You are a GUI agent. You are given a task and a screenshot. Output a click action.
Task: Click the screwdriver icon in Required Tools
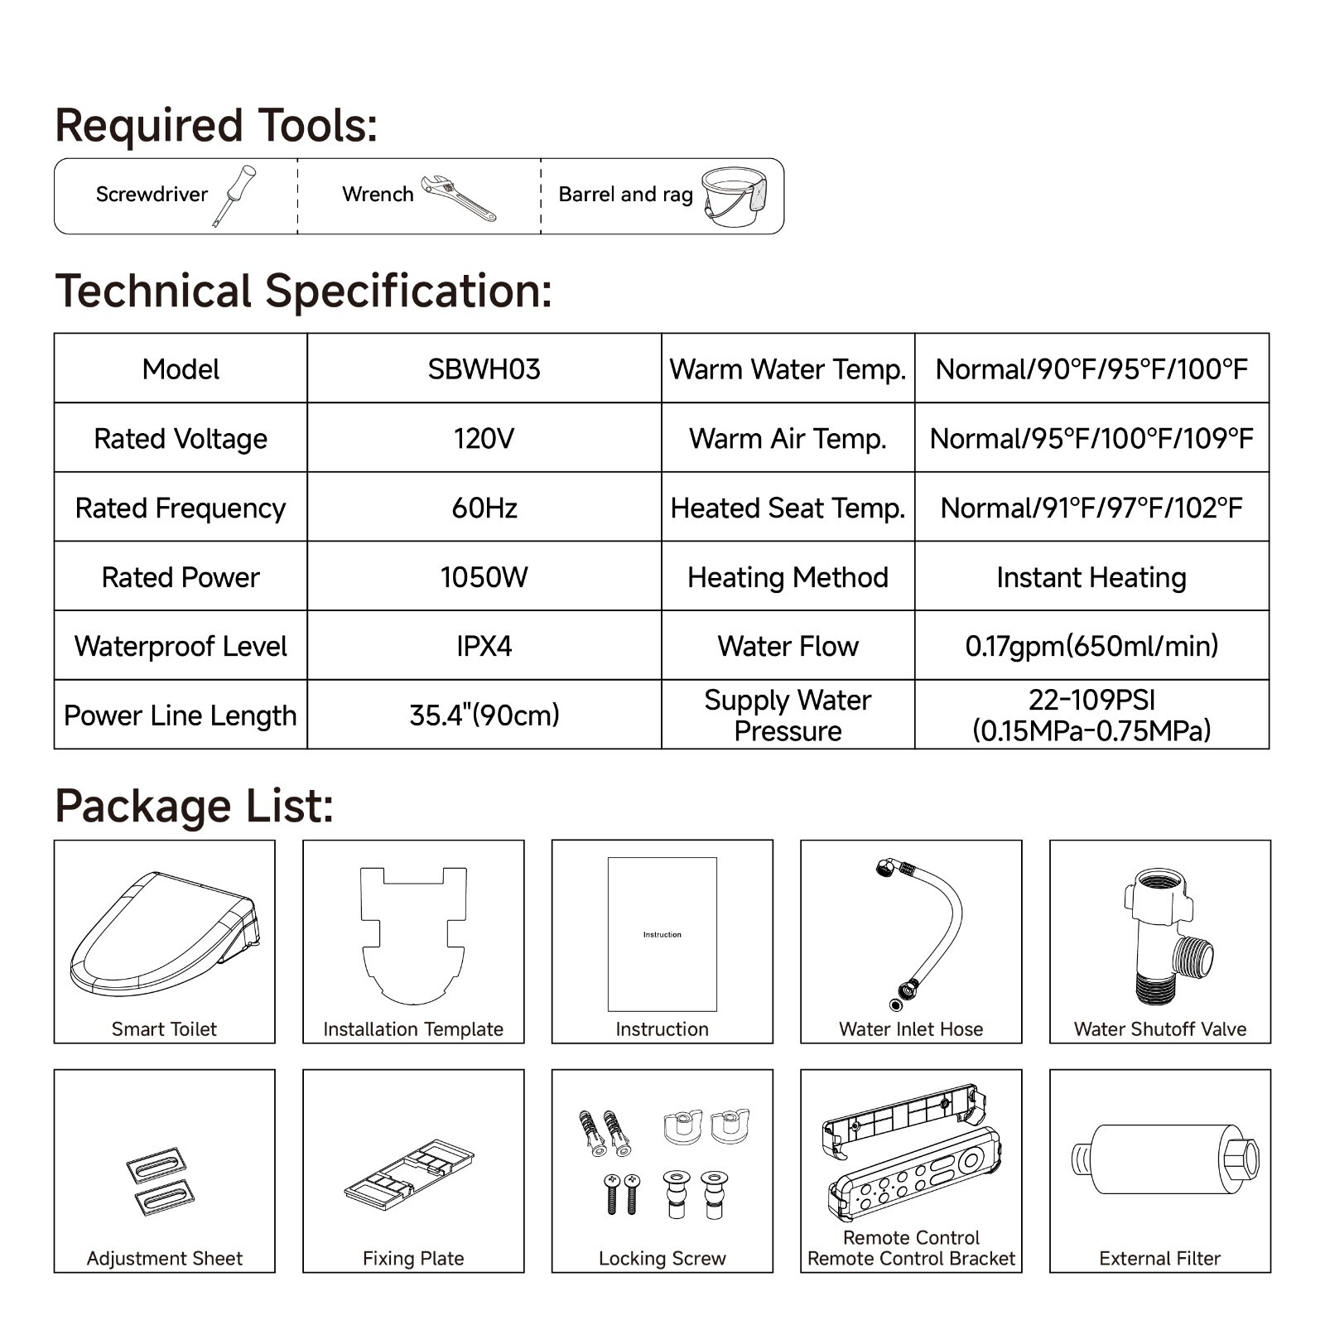(x=234, y=195)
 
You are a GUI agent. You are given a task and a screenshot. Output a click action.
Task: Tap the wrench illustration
(x=458, y=198)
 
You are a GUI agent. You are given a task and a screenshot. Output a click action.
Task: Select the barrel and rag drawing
(x=733, y=197)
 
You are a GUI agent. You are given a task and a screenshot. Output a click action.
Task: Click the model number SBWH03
(x=484, y=369)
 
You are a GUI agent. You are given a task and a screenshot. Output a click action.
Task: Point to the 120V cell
(x=484, y=438)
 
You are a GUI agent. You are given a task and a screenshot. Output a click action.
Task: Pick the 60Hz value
(x=484, y=508)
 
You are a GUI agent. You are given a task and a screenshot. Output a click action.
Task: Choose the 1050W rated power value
(x=484, y=577)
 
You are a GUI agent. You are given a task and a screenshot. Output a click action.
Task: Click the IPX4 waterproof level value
(x=484, y=646)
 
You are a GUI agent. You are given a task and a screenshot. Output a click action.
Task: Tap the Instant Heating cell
(x=1091, y=577)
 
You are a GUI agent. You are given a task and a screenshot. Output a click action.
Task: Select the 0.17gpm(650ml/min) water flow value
(x=1091, y=646)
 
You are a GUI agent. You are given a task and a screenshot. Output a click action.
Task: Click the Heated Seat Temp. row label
(x=788, y=508)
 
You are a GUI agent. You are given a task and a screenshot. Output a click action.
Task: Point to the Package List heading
(x=194, y=806)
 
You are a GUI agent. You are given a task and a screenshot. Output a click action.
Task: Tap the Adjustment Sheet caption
(x=165, y=1259)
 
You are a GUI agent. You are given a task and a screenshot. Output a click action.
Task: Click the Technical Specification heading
(x=303, y=291)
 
